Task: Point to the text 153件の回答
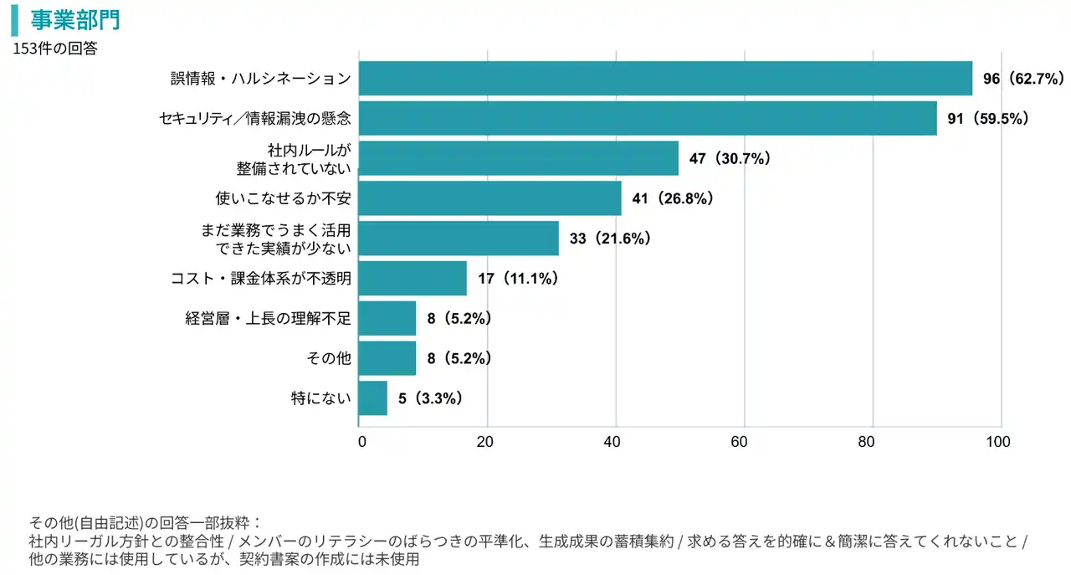(55, 49)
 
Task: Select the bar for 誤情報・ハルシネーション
(665, 79)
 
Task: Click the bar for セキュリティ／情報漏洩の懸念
(648, 119)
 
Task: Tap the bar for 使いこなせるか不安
(489, 198)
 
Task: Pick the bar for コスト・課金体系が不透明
(413, 278)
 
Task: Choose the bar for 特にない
(373, 398)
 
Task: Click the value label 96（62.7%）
(1023, 79)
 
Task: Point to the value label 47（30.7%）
(730, 158)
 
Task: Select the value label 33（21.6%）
(610, 239)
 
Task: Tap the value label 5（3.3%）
(431, 398)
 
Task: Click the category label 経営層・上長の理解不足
(268, 318)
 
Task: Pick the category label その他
(329, 358)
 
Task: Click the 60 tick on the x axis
(744, 442)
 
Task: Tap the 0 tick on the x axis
(361, 442)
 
